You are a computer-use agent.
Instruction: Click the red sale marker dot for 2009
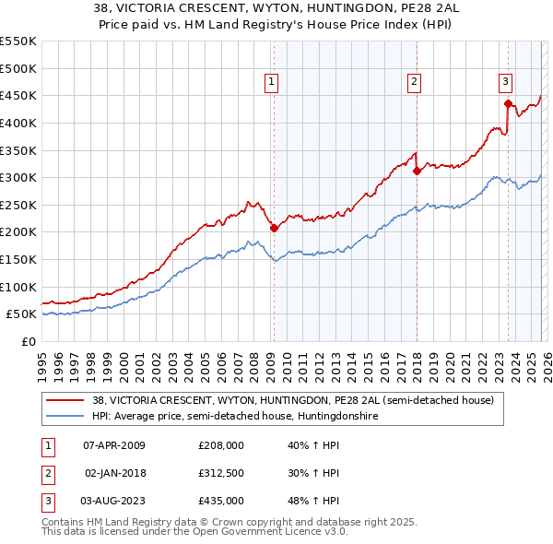pyautogui.click(x=274, y=227)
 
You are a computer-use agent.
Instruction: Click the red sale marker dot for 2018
pyautogui.click(x=417, y=170)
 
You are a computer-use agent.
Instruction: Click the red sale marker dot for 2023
pyautogui.click(x=508, y=103)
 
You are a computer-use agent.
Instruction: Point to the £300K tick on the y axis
pyautogui.click(x=18, y=177)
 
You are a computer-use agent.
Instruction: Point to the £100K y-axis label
pyautogui.click(x=18, y=287)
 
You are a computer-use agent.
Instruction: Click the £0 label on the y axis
pyautogui.click(x=28, y=341)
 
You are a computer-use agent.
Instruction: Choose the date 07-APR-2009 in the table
pyautogui.click(x=114, y=445)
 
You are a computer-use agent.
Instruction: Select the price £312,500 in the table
pyautogui.click(x=221, y=473)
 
